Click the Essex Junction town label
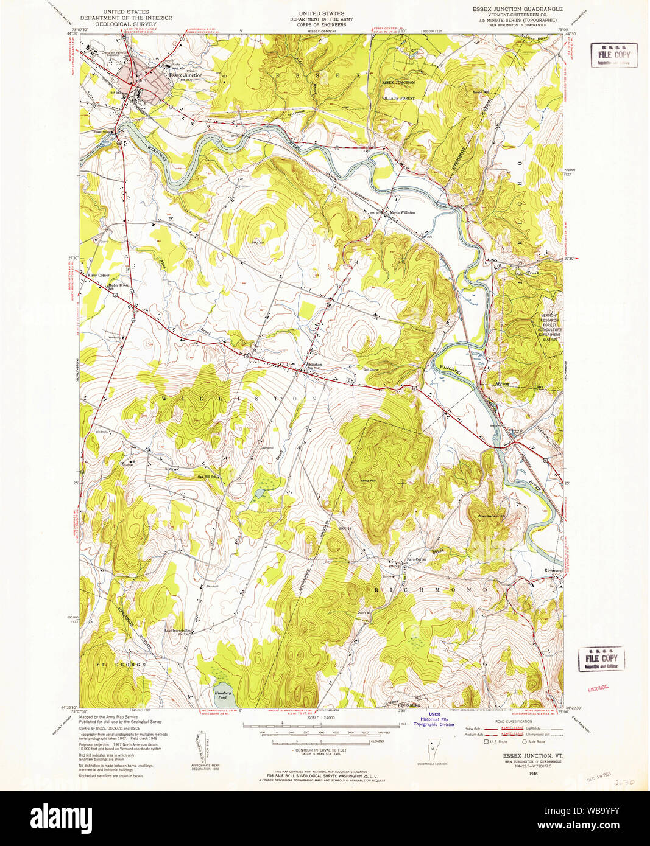click(186, 75)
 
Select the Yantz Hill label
click(368, 481)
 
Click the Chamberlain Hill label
click(491, 516)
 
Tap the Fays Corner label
click(417, 559)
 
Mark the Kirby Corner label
click(99, 275)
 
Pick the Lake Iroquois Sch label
click(177, 630)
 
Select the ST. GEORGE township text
click(121, 665)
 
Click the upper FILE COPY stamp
click(613, 55)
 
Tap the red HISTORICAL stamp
click(598, 688)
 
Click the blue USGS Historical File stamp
click(434, 719)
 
